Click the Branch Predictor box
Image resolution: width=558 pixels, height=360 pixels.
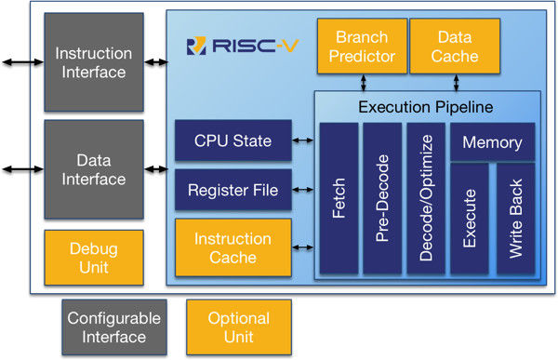pyautogui.click(x=362, y=47)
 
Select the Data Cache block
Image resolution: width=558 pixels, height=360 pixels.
pyautogui.click(x=455, y=47)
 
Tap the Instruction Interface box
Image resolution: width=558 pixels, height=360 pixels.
pyautogui.click(x=94, y=62)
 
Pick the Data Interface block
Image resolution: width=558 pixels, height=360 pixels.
pyautogui.click(x=94, y=169)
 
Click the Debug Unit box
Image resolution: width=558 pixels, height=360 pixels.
pyautogui.click(x=94, y=258)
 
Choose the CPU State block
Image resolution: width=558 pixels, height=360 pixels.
pyautogui.click(x=233, y=140)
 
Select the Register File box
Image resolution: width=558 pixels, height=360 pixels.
pyautogui.click(x=233, y=190)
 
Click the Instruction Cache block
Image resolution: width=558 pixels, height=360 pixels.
pyautogui.click(x=233, y=247)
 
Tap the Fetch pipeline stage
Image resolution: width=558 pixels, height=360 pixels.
pyautogui.click(x=339, y=198)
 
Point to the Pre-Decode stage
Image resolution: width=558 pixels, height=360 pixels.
pyautogui.click(x=382, y=198)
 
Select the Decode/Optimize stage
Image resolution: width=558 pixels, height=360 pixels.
pyautogui.click(x=426, y=198)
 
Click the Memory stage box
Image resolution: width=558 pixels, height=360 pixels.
pyautogui.click(x=493, y=142)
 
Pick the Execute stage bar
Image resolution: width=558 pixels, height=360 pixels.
pyautogui.click(x=470, y=219)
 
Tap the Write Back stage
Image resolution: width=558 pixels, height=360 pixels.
pyautogui.click(x=515, y=219)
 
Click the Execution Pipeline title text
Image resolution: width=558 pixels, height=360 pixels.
pyautogui.click(x=426, y=107)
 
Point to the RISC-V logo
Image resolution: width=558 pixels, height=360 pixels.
pyautogui.click(x=243, y=46)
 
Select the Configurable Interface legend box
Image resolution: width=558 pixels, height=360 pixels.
pyautogui.click(x=114, y=327)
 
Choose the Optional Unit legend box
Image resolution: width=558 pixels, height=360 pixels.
pyautogui.click(x=239, y=327)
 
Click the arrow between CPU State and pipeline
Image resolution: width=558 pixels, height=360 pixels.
pyautogui.click(x=303, y=140)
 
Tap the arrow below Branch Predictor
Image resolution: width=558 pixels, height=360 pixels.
pyautogui.click(x=364, y=83)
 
